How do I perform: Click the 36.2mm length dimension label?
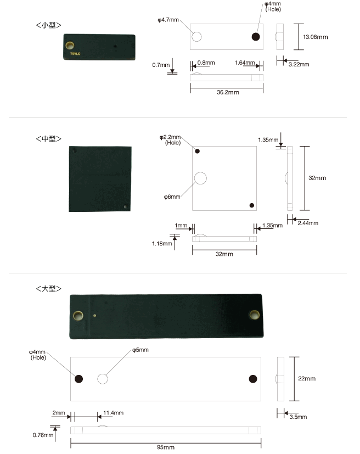pos(228,92)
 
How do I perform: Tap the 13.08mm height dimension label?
pos(315,37)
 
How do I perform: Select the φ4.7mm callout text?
pos(168,20)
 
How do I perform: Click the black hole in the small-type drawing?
pos(256,37)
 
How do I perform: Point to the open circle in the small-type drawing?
pos(197,37)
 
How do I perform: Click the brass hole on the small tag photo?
pos(70,46)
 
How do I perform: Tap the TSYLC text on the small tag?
pos(75,54)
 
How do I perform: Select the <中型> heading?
pos(49,139)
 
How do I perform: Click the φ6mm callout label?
pos(172,197)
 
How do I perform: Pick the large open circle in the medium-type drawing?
pos(200,178)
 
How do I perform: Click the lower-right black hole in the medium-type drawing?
pos(252,205)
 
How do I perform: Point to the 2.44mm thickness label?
pos(308,223)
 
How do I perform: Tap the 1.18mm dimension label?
pos(162,244)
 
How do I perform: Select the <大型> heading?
pos(49,289)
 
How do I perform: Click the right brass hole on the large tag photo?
pos(255,315)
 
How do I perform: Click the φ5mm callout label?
pos(140,350)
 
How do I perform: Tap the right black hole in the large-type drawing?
pos(253,379)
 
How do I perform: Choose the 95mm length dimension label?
pos(166,447)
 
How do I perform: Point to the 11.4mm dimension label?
pos(114,413)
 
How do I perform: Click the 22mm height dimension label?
pos(307,379)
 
